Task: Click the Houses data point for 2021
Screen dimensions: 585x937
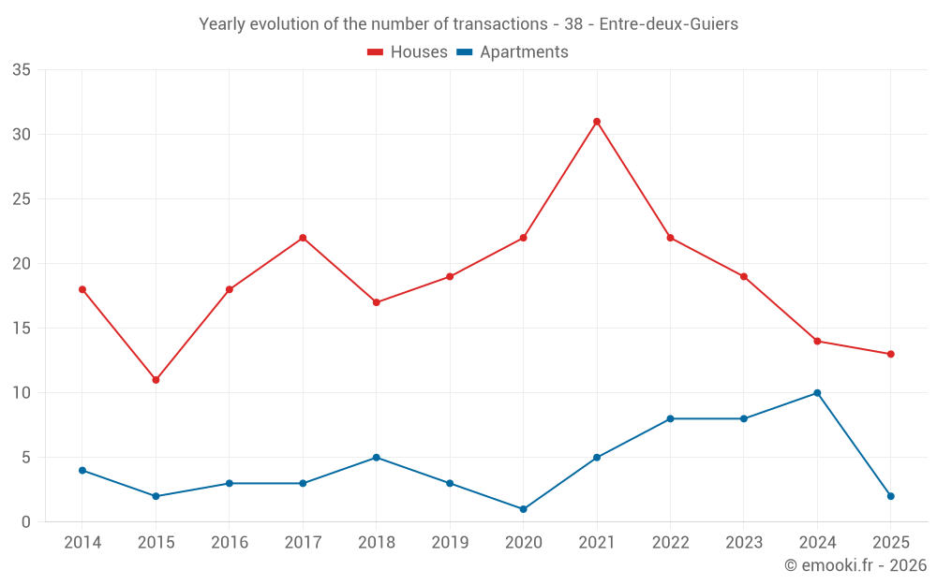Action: tap(597, 122)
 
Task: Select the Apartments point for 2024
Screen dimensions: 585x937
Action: tap(817, 393)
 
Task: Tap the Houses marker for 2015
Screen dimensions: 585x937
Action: tap(156, 380)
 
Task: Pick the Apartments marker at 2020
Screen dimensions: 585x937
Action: tap(523, 509)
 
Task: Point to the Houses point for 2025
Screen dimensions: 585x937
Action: tap(890, 354)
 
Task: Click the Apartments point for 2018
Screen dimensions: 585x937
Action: tap(376, 458)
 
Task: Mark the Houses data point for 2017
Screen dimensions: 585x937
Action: tap(303, 238)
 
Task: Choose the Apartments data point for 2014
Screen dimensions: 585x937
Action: tap(82, 470)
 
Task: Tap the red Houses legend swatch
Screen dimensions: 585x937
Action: tap(376, 52)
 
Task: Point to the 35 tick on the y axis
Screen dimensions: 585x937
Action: tap(22, 70)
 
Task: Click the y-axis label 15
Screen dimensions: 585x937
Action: tap(22, 329)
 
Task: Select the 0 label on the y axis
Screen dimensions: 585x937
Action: tap(26, 522)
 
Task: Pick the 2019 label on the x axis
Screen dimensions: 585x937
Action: tap(450, 543)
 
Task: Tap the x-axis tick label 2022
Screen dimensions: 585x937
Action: tap(670, 543)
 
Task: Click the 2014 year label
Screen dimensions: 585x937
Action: tap(82, 543)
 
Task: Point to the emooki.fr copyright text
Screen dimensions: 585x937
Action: tap(855, 565)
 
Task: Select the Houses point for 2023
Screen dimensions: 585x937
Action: tap(743, 276)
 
